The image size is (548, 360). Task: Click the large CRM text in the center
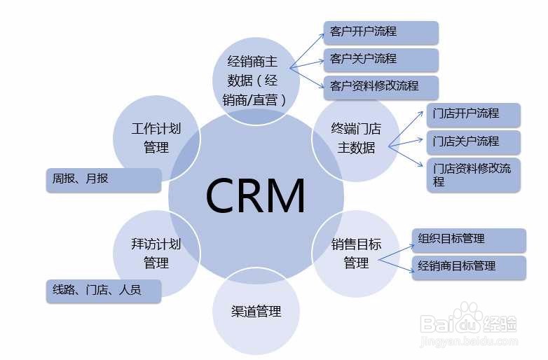256,195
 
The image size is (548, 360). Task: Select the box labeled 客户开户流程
381,33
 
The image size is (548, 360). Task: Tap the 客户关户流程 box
381,60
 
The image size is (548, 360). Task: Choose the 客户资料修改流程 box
381,88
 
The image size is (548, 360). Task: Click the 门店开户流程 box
474,115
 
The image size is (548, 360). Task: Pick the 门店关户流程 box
474,142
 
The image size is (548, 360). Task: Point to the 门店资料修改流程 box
474,175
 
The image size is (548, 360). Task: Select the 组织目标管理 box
469,240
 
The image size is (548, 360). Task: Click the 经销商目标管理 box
469,268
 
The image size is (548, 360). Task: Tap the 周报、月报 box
104,180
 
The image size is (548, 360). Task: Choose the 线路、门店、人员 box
104,291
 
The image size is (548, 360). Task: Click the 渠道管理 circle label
256,311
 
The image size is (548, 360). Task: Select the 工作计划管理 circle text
156,138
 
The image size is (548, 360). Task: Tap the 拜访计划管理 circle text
156,253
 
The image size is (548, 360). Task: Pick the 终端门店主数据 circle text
356,138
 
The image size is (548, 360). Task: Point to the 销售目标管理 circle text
356,253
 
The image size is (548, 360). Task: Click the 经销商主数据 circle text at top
255,81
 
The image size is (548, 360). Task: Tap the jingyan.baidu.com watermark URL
469,340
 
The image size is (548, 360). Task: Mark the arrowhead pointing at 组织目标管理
411,247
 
